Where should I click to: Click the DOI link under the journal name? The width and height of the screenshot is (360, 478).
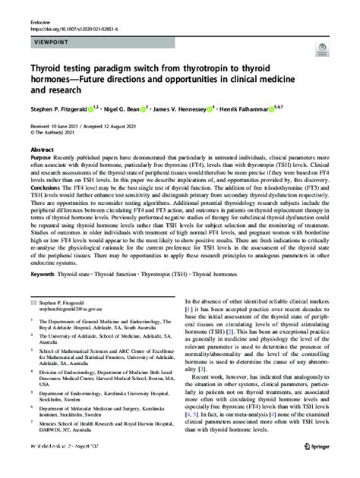point(71,19)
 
